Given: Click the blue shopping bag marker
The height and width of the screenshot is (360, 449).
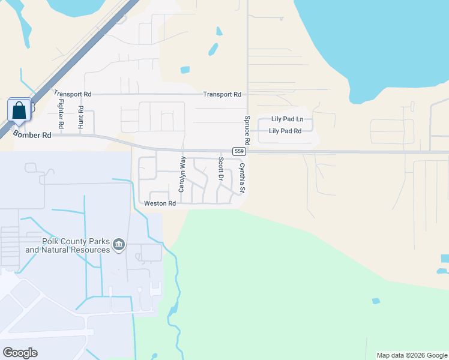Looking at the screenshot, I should click(x=19, y=110).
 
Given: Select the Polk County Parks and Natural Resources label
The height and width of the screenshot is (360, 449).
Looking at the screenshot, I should click(x=67, y=245).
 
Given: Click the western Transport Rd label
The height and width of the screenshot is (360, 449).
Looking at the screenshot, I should click(x=73, y=94).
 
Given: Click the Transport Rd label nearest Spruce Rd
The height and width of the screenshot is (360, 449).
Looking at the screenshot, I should click(x=221, y=94).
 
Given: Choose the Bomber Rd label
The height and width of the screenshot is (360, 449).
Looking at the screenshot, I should click(x=32, y=136).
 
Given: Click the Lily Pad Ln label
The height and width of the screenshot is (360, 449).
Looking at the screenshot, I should click(x=287, y=119).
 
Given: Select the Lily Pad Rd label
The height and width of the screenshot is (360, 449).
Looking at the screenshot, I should click(x=285, y=131).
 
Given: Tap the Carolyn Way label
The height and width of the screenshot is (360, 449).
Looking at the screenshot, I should click(x=182, y=175).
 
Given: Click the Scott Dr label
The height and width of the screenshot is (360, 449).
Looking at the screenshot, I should click(x=221, y=170).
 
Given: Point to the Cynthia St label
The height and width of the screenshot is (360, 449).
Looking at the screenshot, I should click(x=243, y=178).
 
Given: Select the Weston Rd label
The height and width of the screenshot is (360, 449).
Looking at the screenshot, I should click(x=160, y=203).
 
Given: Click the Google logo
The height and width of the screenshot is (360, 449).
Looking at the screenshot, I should click(x=20, y=353).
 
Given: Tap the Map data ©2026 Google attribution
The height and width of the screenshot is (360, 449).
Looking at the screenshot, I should click(x=411, y=355).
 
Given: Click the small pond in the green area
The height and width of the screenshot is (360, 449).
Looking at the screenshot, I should click(x=376, y=301).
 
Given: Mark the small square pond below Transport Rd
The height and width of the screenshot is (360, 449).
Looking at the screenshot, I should click(x=185, y=70).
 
